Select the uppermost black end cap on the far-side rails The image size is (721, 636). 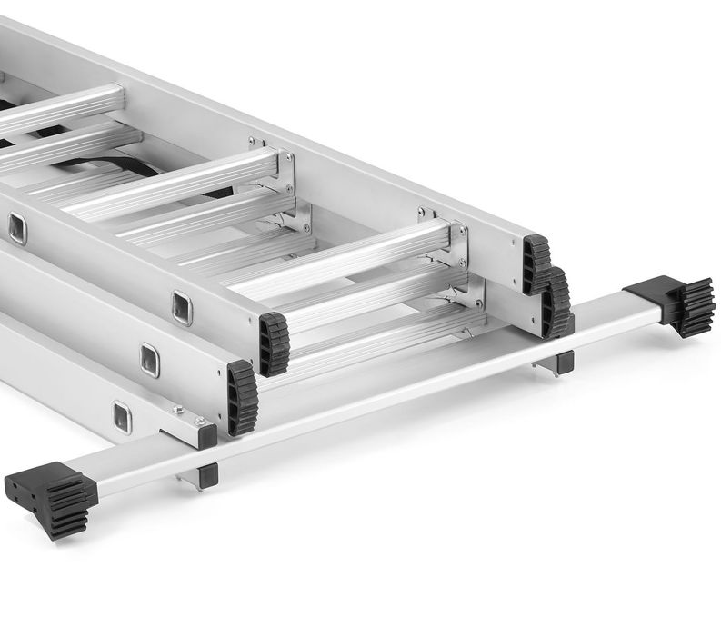(x=536, y=263)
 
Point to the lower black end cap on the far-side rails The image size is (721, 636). (x=556, y=303)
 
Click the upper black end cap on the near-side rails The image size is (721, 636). (x=274, y=343)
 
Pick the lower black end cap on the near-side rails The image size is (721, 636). (x=242, y=396)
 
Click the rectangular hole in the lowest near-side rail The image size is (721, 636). (x=122, y=417)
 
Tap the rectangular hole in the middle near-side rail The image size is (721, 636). (x=150, y=361)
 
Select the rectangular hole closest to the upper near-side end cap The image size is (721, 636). (x=183, y=308)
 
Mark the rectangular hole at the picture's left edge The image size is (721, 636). (x=17, y=228)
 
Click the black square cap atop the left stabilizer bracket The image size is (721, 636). (x=207, y=435)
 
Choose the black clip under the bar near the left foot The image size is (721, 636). (x=207, y=475)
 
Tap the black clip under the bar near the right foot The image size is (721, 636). (x=564, y=362)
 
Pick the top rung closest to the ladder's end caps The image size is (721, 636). (x=345, y=263)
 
